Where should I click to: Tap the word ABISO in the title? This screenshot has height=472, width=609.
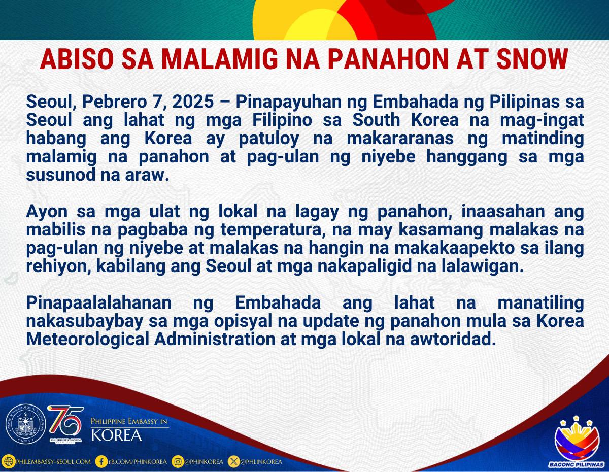coord(77,59)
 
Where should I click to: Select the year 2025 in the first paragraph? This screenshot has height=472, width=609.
coord(193,102)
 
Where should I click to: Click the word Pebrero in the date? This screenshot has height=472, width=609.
coord(114,102)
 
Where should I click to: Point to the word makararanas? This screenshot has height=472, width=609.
coord(400,138)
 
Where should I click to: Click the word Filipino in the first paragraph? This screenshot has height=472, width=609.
coord(282,120)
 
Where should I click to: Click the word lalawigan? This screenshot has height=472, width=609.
coord(483,266)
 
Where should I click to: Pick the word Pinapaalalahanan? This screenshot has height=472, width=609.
coord(98,304)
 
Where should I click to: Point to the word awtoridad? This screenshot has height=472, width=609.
coord(451,340)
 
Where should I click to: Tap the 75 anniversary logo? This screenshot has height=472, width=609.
coord(66,424)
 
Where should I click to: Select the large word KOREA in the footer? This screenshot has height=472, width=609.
coord(117,435)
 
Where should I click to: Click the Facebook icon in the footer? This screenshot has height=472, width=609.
coord(101,462)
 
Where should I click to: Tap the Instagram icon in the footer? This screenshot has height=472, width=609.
coord(178,462)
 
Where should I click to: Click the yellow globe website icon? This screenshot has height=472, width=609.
coord(9,462)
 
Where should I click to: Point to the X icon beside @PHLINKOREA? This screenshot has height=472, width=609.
coord(233,462)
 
